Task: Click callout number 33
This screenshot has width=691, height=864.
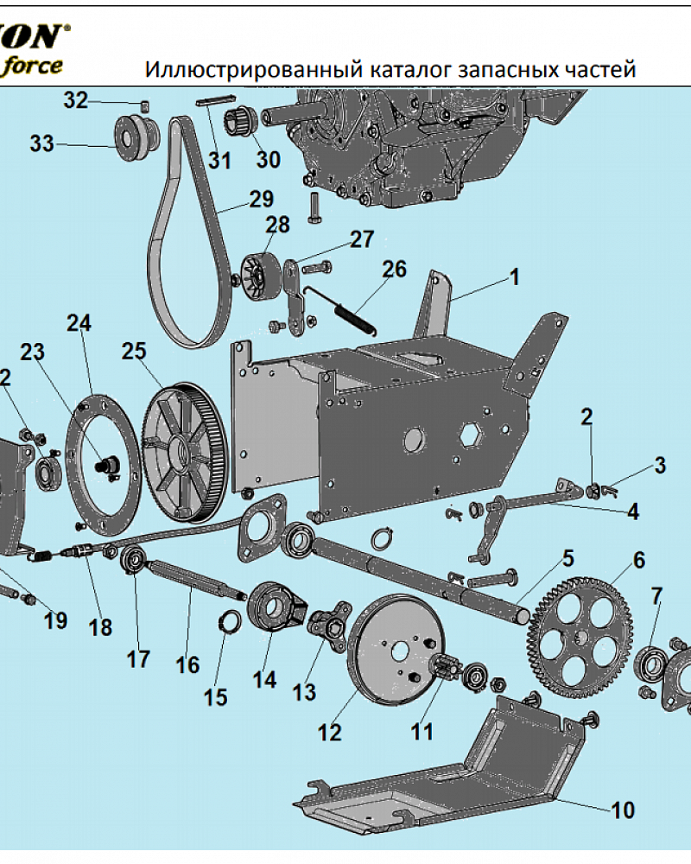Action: pos(41,143)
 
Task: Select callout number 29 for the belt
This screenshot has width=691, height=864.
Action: pos(261,199)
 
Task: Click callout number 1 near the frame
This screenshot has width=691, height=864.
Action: pos(514,276)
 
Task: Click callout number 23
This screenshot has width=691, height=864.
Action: pos(32,352)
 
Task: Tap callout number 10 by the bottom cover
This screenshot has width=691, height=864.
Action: pos(623,810)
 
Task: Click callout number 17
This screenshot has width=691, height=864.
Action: pos(137,659)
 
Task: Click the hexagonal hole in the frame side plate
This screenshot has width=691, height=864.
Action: pos(471,435)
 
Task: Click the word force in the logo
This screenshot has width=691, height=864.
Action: pos(33,67)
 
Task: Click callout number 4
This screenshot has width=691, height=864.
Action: pos(633,511)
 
